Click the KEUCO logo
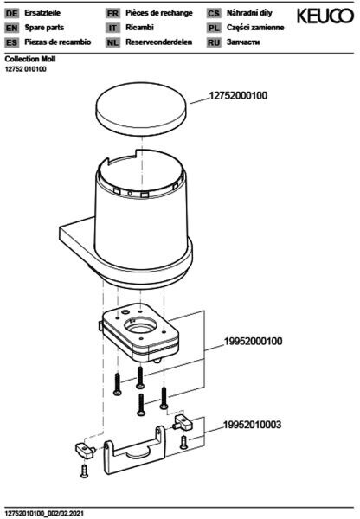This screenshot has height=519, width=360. coord(325,16)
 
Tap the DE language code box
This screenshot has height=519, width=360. coord(12,14)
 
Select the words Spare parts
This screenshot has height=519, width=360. coord(44,28)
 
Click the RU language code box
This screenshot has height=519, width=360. coord(214,42)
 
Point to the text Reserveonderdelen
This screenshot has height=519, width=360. coord(158,42)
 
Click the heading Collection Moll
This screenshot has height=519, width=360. coord(30,59)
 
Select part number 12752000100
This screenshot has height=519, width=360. coord(238,96)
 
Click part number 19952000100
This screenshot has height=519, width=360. coord(254,342)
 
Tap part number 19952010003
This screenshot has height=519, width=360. coord(253,425)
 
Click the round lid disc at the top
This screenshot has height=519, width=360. coord(141,106)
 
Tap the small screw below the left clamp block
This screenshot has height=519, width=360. coord(84,471)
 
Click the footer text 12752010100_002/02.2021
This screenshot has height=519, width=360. coord(44,513)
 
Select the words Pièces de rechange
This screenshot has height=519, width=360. coord(159,13)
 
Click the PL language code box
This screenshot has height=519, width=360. coord(214,29)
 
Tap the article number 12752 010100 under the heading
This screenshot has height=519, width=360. coord(25,69)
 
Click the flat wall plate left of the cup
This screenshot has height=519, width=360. coord(77,234)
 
